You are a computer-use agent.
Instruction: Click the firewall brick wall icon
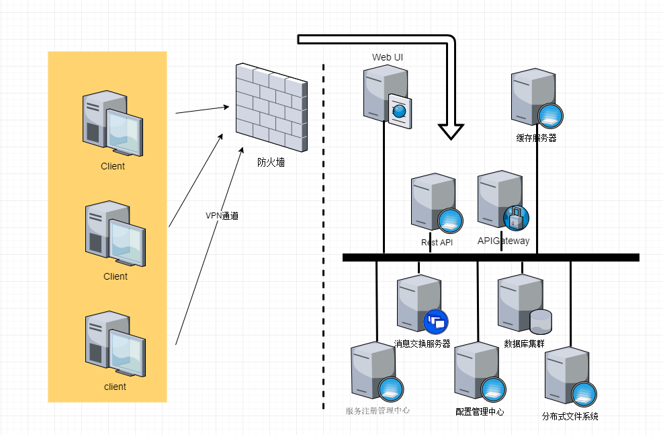(x=271, y=108)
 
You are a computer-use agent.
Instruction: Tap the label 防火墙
(x=271, y=162)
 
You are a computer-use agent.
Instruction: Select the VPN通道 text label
(x=222, y=216)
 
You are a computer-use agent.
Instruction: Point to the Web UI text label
(x=388, y=57)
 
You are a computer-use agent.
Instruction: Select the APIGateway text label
(x=503, y=241)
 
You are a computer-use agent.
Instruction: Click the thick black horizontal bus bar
(x=490, y=257)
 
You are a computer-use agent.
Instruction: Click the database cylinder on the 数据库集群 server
(x=540, y=321)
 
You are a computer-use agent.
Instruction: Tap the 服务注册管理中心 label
(x=378, y=411)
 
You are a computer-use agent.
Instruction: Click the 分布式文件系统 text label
(x=570, y=416)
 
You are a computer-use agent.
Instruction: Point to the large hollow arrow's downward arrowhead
(x=451, y=130)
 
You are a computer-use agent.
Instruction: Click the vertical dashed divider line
(x=324, y=235)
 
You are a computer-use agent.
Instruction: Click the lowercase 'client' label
(x=115, y=387)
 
